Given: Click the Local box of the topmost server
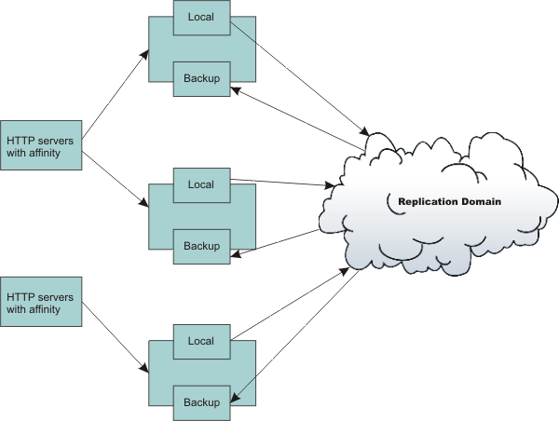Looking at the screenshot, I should coord(201,17).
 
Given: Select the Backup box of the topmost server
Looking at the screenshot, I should coord(201,79).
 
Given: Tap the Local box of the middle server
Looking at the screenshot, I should coord(201,184).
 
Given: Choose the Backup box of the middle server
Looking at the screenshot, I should coord(201,247).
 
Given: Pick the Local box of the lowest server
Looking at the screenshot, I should coord(201,341).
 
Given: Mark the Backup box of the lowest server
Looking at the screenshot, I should coord(201,402).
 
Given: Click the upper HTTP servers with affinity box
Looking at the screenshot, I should coord(41,145).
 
